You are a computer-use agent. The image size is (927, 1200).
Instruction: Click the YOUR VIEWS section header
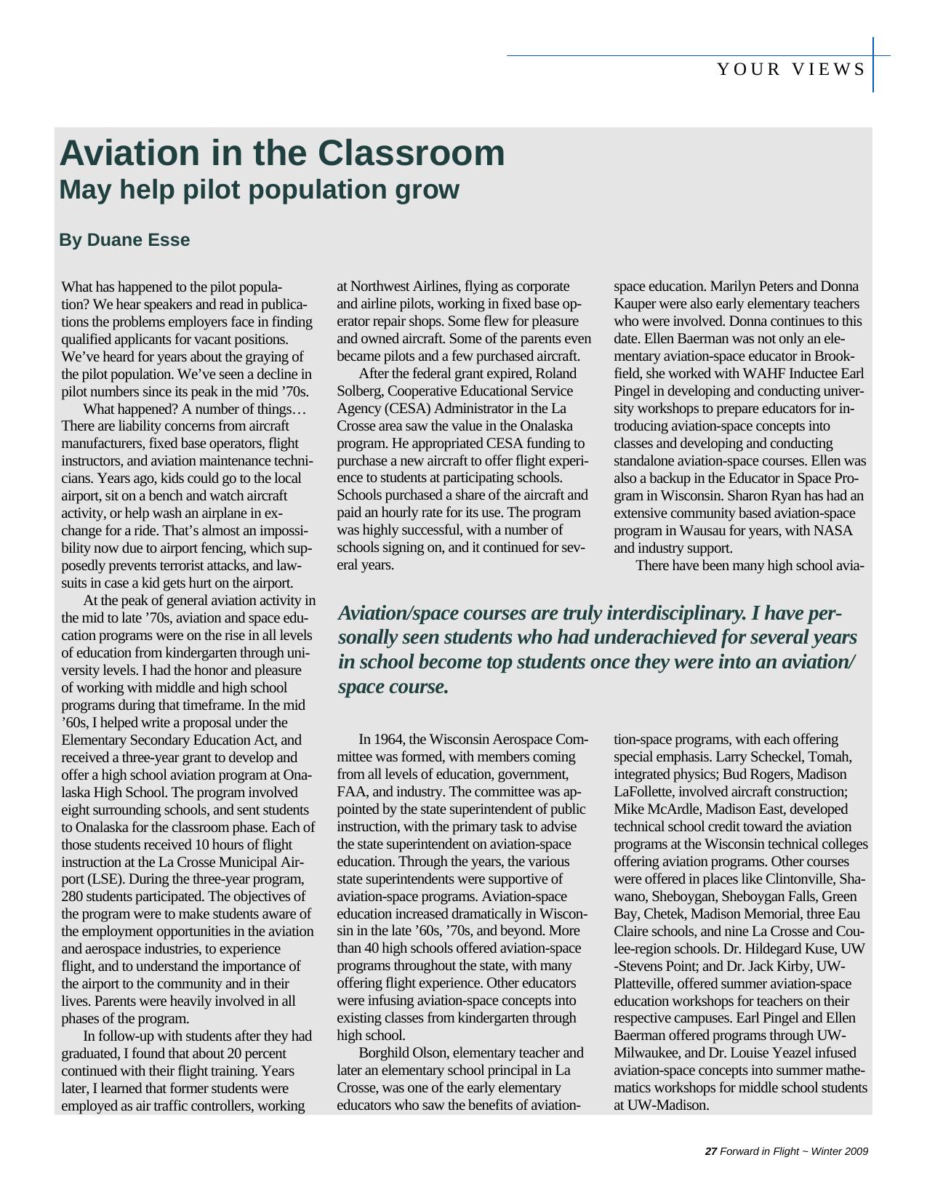click(x=791, y=70)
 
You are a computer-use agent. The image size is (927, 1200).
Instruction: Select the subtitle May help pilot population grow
click(x=259, y=190)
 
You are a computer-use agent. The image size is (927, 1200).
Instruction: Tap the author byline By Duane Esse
click(x=124, y=240)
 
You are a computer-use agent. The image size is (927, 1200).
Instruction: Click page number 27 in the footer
click(x=711, y=1151)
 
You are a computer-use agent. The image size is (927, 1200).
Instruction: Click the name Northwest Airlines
click(x=405, y=287)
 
